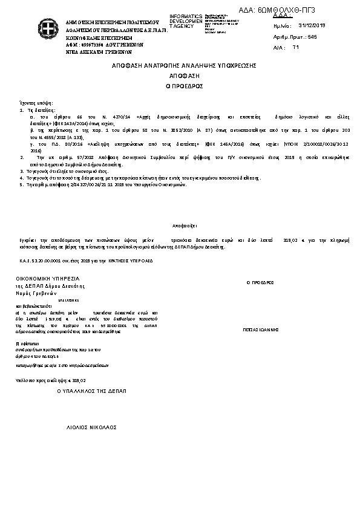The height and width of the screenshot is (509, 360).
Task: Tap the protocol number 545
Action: (x=312, y=37)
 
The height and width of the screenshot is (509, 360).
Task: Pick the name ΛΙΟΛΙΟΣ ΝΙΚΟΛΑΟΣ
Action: (x=91, y=427)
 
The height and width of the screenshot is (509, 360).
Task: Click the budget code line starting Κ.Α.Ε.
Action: (x=84, y=261)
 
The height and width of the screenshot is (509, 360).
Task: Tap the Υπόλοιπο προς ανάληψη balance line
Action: (x=51, y=380)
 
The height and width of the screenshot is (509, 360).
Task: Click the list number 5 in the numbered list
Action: (x=21, y=184)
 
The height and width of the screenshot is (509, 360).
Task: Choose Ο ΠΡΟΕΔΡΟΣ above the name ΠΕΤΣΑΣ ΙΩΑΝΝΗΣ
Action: (x=260, y=282)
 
